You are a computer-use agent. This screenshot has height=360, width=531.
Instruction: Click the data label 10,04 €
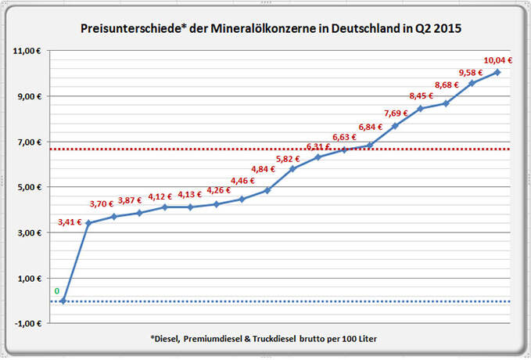click(498, 60)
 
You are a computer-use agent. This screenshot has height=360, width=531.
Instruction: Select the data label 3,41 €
click(70, 221)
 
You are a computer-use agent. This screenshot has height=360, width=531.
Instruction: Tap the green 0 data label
click(56, 291)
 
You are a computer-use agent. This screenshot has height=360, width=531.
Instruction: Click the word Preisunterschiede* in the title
click(124, 28)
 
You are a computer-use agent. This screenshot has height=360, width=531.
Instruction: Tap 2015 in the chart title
click(445, 28)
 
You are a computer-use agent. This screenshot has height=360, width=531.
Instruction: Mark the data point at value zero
click(63, 301)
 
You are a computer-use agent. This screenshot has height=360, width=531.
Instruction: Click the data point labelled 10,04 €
click(497, 72)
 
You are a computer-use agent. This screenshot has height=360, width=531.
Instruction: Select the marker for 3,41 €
click(88, 223)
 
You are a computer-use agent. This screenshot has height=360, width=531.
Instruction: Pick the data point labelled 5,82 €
click(292, 168)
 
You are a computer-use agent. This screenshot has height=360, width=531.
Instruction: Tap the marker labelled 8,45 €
click(420, 108)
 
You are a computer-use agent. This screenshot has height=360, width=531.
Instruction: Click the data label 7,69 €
click(395, 113)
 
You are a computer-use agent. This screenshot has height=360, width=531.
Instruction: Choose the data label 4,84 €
click(264, 169)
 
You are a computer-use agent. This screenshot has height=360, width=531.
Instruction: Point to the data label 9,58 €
click(472, 71)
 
